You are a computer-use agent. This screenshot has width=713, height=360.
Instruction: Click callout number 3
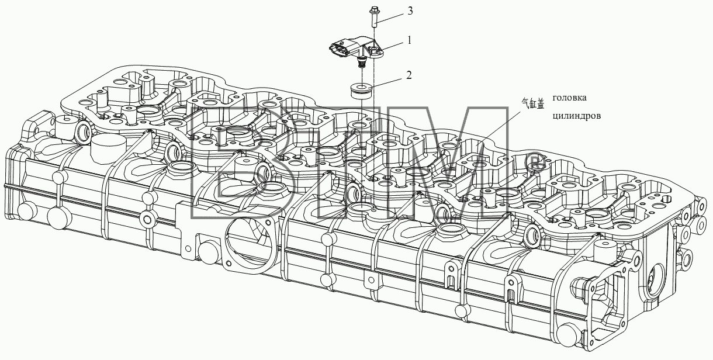tap(410, 11)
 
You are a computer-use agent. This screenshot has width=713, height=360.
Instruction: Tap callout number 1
tap(409, 41)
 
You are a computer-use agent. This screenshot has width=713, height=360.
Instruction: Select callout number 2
tap(409, 75)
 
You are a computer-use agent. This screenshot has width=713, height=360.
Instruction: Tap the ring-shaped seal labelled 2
tap(362, 91)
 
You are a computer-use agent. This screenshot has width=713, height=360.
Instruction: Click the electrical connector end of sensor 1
tap(337, 50)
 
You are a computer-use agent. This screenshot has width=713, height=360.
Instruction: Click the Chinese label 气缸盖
tap(533, 104)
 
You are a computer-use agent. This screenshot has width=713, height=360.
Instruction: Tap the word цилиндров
tap(577, 116)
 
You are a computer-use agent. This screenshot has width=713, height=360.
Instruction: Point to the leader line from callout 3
tap(390, 19)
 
